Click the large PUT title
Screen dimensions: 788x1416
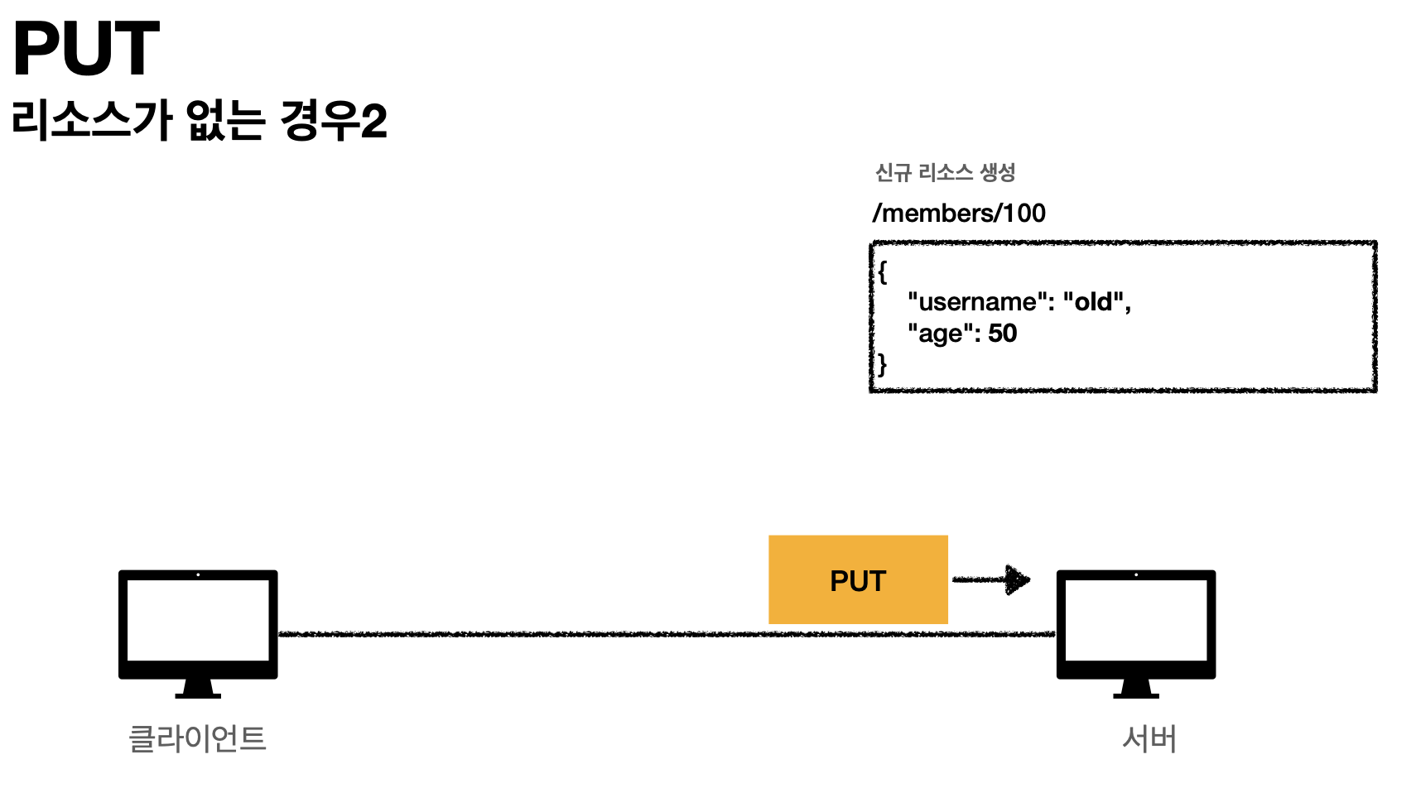86,49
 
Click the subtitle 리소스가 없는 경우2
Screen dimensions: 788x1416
200,120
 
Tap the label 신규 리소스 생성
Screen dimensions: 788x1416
945,172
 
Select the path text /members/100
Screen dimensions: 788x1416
959,214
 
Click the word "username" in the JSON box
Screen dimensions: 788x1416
976,302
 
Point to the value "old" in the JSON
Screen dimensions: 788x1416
1093,302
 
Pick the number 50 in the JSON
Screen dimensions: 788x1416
1002,334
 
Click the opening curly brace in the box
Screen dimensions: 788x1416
883,271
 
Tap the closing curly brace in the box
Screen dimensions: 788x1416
883,364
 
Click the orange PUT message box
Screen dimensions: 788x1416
858,579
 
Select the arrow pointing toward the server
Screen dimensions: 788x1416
991,579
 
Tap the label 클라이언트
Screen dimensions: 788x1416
198,738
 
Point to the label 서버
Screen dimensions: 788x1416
1149,738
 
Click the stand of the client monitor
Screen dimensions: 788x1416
198,689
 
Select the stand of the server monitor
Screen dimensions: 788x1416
1136,689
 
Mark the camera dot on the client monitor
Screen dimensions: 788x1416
198,574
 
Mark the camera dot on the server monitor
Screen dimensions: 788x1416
1136,574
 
